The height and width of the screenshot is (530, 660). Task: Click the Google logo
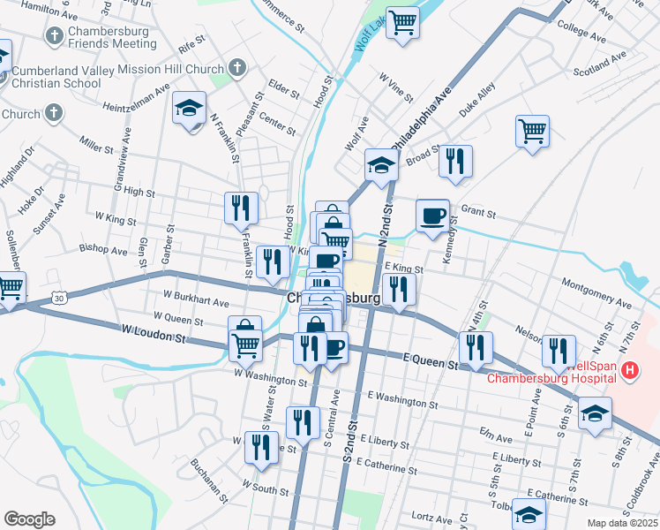[29, 519]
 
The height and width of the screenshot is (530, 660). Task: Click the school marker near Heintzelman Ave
[189, 108]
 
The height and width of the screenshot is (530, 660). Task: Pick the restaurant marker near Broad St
[455, 162]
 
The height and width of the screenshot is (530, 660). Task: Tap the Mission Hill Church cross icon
[236, 67]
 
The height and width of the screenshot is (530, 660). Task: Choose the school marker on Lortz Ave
[529, 514]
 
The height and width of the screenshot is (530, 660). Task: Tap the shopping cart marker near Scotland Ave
[533, 132]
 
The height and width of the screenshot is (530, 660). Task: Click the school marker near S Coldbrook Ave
[595, 413]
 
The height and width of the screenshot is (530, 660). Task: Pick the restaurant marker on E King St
[400, 288]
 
